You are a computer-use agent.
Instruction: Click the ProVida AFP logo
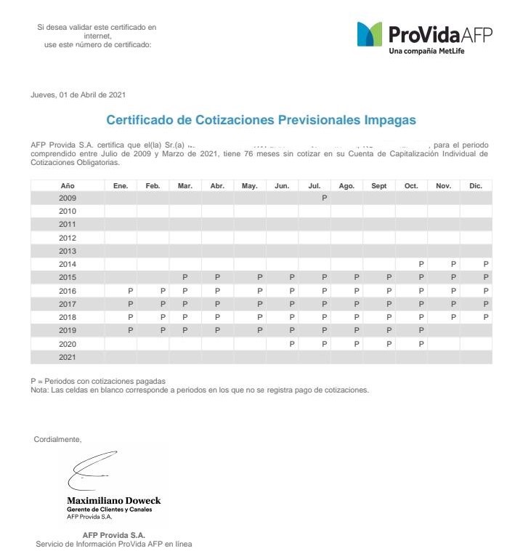pyautogui.click(x=424, y=35)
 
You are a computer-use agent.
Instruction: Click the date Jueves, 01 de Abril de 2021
pyautogui.click(x=78, y=95)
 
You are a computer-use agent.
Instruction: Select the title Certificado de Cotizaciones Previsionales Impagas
pyautogui.click(x=261, y=120)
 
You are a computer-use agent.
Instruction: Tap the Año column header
pyautogui.click(x=68, y=186)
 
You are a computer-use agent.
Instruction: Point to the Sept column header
pyautogui.click(x=379, y=186)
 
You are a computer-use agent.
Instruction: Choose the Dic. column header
pyautogui.click(x=476, y=186)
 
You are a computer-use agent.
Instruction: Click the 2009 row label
pyautogui.click(x=68, y=198)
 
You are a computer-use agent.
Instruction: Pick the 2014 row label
pyautogui.click(x=68, y=264)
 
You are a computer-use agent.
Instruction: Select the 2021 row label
pyautogui.click(x=68, y=357)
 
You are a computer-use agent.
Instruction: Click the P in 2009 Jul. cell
pyautogui.click(x=325, y=198)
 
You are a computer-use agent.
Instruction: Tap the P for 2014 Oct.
pyautogui.click(x=421, y=264)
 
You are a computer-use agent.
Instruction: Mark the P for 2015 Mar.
pyautogui.click(x=185, y=277)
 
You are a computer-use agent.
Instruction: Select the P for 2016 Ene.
pyautogui.click(x=131, y=291)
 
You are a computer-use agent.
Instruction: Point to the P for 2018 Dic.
pyautogui.click(x=486, y=317)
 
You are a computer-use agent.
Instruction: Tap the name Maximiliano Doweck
pyautogui.click(x=114, y=501)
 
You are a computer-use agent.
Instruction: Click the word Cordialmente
pyautogui.click(x=58, y=439)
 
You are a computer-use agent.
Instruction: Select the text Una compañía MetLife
pyautogui.click(x=426, y=51)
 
